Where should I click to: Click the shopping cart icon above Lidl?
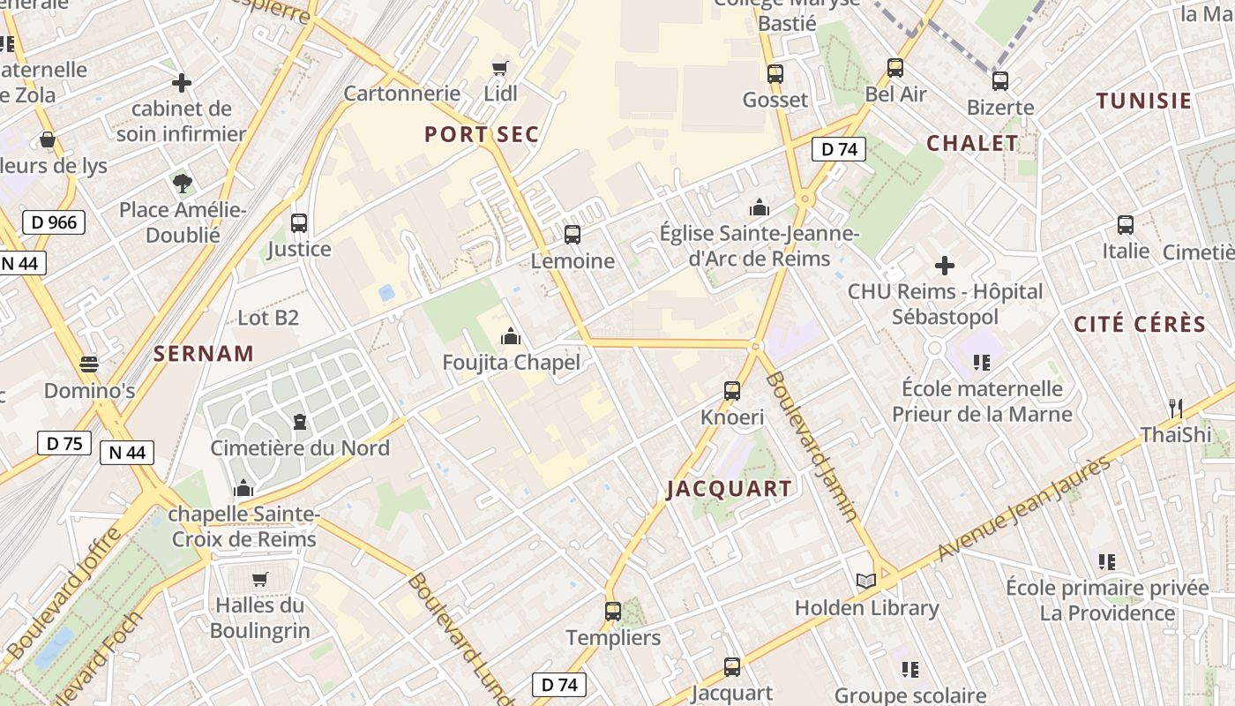click(x=500, y=68)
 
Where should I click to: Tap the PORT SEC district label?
click(x=482, y=134)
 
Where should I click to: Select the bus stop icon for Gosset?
click(x=775, y=74)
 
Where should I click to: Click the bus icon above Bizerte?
click(x=999, y=81)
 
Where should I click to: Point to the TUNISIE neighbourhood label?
click(x=1144, y=101)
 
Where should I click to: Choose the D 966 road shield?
click(x=54, y=222)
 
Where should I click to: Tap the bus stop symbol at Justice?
click(x=299, y=223)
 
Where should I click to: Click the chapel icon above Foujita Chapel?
click(x=511, y=336)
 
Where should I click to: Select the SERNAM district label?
click(x=204, y=354)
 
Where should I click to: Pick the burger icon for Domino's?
click(x=88, y=364)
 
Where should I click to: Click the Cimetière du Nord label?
click(x=300, y=448)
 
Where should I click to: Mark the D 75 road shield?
click(x=64, y=443)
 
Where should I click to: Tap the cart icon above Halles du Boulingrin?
click(x=259, y=579)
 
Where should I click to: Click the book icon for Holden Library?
click(x=866, y=581)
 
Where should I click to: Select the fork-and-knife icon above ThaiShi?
click(x=1175, y=408)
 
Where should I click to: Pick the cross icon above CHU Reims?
click(x=945, y=265)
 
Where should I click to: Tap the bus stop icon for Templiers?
click(x=613, y=611)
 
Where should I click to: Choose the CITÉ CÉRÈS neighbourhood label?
click(x=1140, y=324)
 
